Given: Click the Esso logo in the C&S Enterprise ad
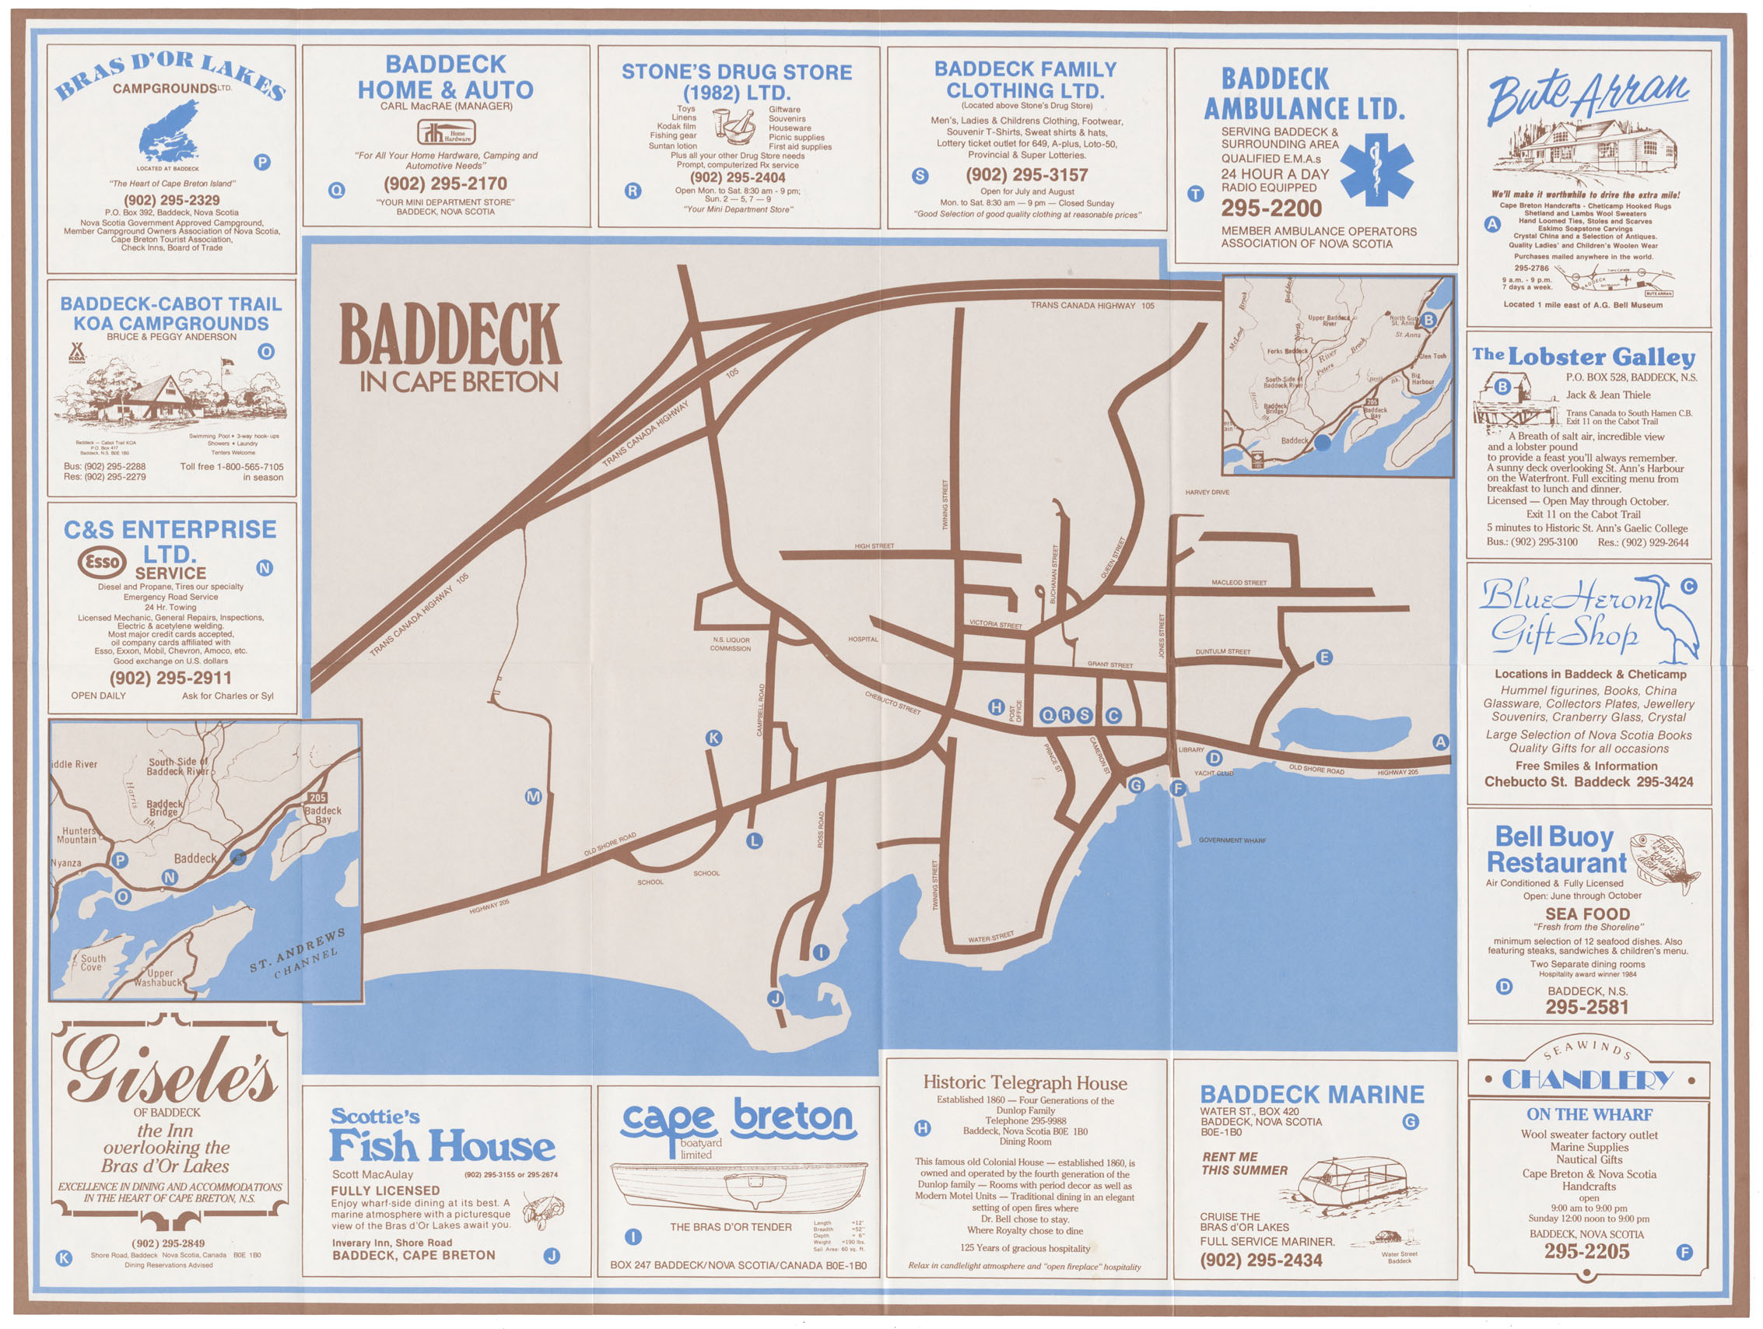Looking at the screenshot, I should pyautogui.click(x=102, y=562).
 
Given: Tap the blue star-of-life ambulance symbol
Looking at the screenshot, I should pyautogui.click(x=1376, y=170).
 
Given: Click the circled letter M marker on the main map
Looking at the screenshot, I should pyautogui.click(x=533, y=796).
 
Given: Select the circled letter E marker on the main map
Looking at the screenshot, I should pyautogui.click(x=1324, y=657).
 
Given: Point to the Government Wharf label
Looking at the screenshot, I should pyautogui.click(x=1232, y=840).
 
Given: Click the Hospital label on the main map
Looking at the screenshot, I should pyautogui.click(x=862, y=640).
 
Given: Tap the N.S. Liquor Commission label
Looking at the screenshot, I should pyautogui.click(x=730, y=644).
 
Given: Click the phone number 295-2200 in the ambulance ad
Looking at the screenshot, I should pyautogui.click(x=1271, y=209).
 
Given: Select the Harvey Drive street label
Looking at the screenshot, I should pyautogui.click(x=1207, y=493).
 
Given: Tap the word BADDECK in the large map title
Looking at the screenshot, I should pyautogui.click(x=450, y=334).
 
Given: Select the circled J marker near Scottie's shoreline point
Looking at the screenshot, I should pyautogui.click(x=775, y=998).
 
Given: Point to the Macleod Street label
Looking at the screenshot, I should pyautogui.click(x=1239, y=583).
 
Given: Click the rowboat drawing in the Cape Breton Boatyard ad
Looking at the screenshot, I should pyautogui.click(x=738, y=1186).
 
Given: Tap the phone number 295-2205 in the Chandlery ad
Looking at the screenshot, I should pyautogui.click(x=1586, y=1252).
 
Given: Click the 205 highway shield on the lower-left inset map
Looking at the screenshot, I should pyautogui.click(x=318, y=798).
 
